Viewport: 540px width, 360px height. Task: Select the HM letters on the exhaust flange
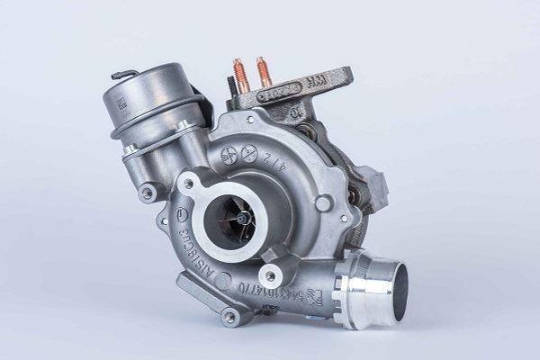pos(319,84)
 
